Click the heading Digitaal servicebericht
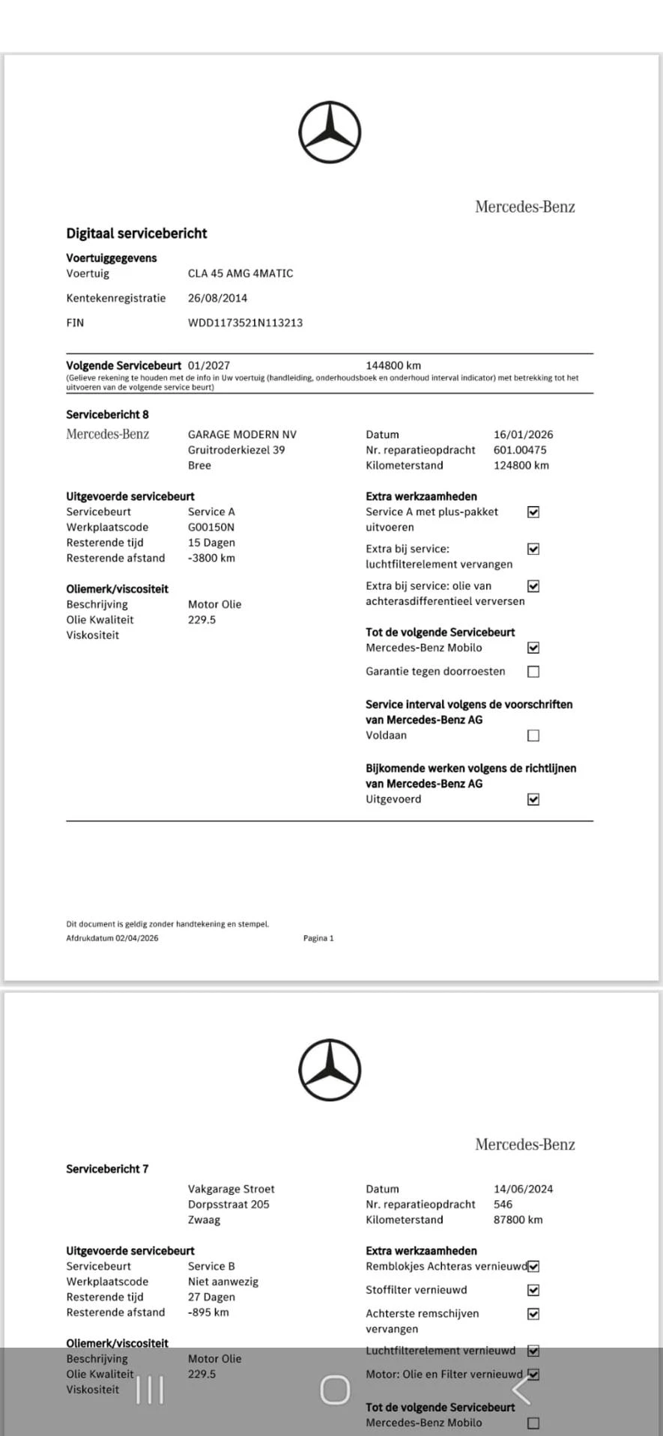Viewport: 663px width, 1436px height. coord(136,233)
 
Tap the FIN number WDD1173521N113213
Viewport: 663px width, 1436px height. coord(245,323)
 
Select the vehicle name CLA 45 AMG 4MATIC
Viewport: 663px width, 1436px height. coord(240,273)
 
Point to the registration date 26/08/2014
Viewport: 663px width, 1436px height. coord(217,298)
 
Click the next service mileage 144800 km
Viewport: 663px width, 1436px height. coord(393,365)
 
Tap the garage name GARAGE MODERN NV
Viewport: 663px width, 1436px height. coord(242,434)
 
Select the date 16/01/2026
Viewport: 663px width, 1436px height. coord(523,434)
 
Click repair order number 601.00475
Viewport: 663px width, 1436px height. coord(520,450)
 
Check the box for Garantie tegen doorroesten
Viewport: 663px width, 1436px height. coord(533,672)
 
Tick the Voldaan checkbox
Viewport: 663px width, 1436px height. coord(533,735)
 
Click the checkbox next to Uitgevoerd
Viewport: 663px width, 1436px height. coord(533,799)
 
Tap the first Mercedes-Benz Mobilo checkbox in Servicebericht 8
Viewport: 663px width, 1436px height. coord(533,648)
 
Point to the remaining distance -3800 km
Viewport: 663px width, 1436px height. coord(211,558)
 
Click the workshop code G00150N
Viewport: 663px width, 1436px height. coord(211,527)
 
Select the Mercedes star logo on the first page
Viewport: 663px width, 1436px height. coord(330,133)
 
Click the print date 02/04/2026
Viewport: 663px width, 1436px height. coord(136,938)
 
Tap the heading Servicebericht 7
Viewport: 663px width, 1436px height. coord(107,1169)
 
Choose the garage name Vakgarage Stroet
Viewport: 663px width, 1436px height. coord(231,1189)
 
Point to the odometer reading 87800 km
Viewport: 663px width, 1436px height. coord(518,1220)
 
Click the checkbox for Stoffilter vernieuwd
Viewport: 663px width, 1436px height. coord(533,1290)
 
